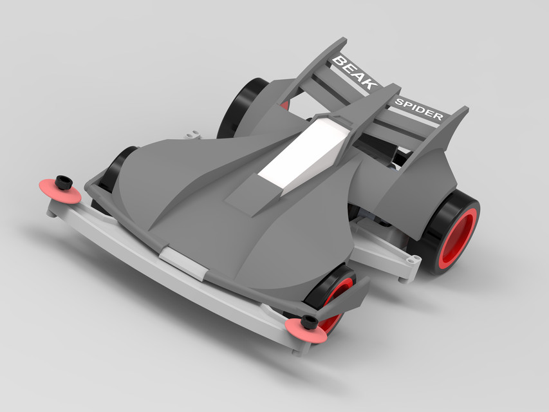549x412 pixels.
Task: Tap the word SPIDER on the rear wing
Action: [418, 110]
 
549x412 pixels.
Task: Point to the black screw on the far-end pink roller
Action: [63, 182]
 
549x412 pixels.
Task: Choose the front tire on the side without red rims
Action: [116, 171]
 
